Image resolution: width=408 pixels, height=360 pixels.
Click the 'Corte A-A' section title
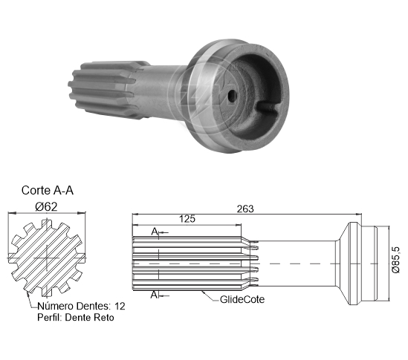(48, 190)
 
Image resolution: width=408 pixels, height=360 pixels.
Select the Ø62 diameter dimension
(46, 207)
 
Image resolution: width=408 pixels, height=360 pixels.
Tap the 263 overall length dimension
(245, 209)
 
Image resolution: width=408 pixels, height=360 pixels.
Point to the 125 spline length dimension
(187, 219)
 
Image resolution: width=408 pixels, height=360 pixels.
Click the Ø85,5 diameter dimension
(395, 260)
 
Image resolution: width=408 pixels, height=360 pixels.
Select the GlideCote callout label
(242, 299)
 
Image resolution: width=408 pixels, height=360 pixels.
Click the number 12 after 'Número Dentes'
(120, 307)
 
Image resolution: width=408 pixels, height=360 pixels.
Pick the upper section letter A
(155, 231)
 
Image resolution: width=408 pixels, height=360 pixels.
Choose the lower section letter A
(155, 295)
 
